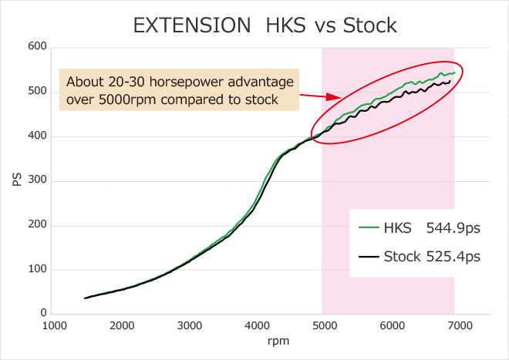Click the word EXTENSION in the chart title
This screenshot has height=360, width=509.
click(192, 25)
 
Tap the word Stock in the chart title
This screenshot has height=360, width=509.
click(369, 25)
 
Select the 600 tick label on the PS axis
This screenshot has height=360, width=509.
click(37, 46)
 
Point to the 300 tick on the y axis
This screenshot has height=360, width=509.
click(37, 180)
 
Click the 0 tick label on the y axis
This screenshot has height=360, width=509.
click(43, 313)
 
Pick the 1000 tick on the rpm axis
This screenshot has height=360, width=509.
click(54, 325)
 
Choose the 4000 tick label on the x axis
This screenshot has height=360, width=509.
click(257, 325)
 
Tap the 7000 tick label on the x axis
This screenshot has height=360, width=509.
click(460, 325)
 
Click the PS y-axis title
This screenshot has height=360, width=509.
click(17, 180)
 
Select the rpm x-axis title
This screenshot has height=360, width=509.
click(278, 341)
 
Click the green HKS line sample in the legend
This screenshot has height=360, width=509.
click(369, 227)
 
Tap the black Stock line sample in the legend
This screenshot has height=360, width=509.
click(369, 257)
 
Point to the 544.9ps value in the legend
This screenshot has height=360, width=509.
click(453, 228)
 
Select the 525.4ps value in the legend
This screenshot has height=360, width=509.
click(453, 257)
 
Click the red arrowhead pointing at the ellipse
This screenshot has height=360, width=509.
click(334, 96)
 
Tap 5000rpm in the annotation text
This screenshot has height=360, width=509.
click(126, 99)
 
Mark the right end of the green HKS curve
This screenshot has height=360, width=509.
click(454, 72)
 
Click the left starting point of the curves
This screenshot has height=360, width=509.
click(85, 298)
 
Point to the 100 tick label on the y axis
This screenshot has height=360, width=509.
click(37, 269)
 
